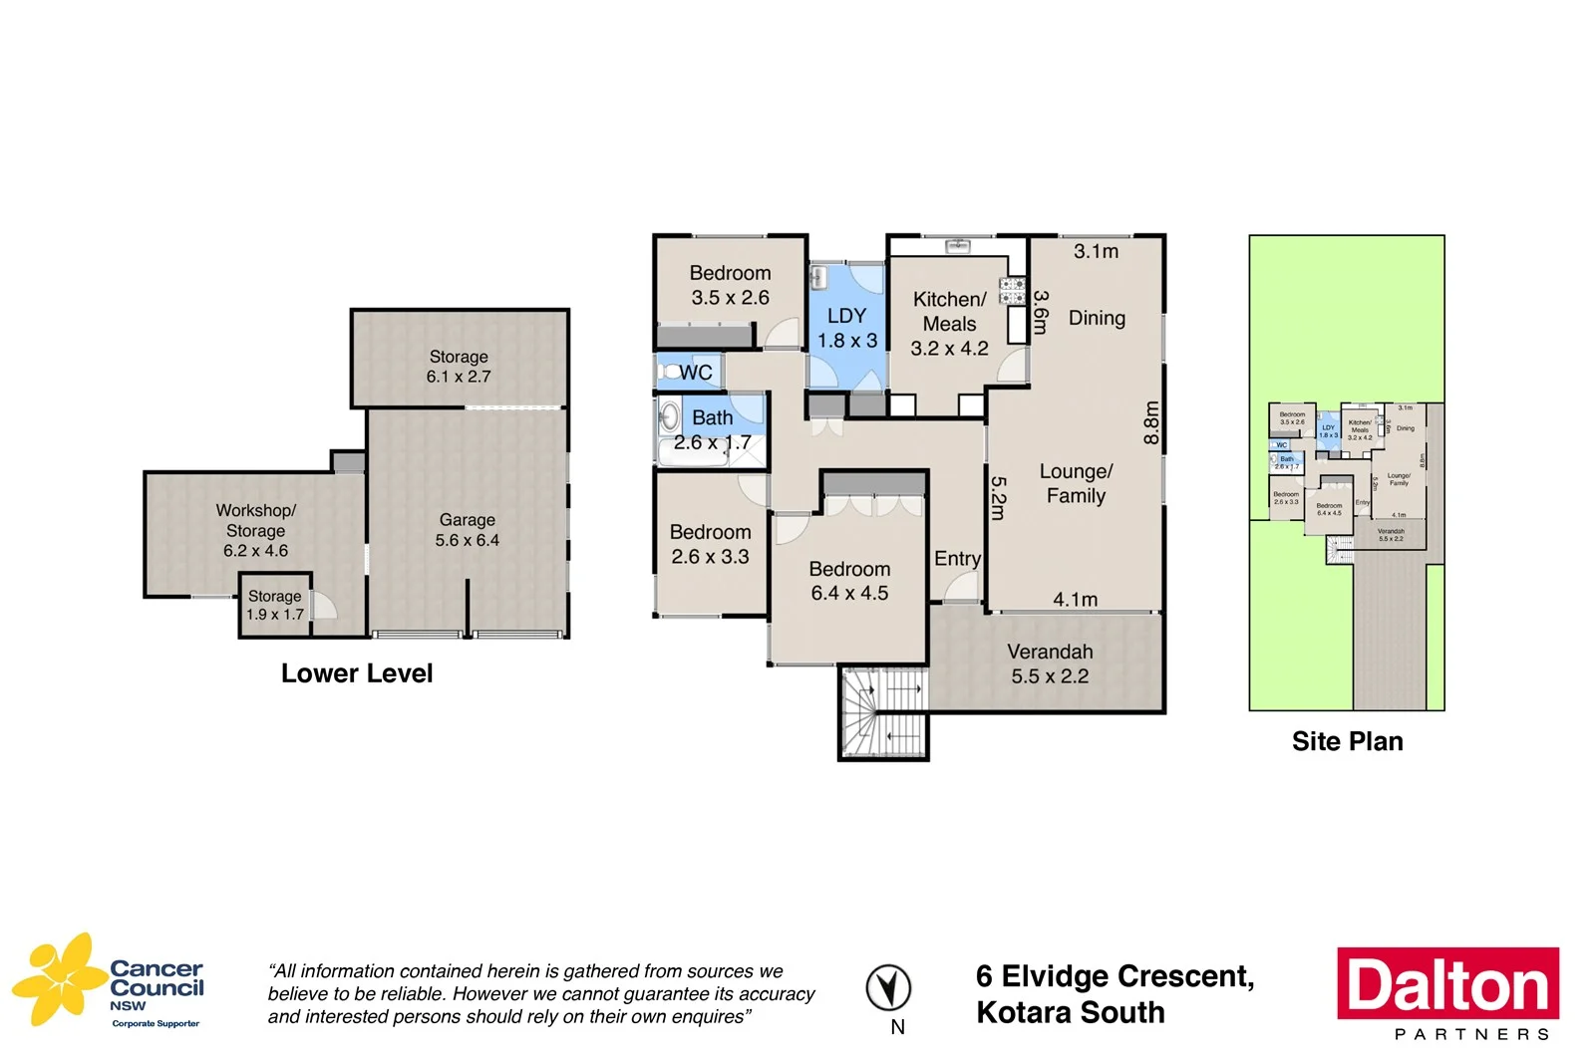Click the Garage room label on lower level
(467, 530)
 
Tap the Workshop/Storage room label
(255, 530)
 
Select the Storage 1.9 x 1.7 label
(274, 605)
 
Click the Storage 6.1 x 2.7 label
(459, 367)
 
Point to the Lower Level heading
(357, 673)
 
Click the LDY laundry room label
(847, 328)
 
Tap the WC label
(695, 373)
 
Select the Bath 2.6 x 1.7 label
(712, 430)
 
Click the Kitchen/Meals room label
(949, 324)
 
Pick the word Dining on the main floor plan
(1097, 318)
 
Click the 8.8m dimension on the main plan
(1151, 422)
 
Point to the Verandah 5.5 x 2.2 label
(1050, 664)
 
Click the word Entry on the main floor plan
(957, 559)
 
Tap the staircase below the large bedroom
(883, 711)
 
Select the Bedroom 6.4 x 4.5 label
(849, 581)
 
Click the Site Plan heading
(1347, 741)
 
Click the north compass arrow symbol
(887, 988)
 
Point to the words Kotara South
(1070, 1012)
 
